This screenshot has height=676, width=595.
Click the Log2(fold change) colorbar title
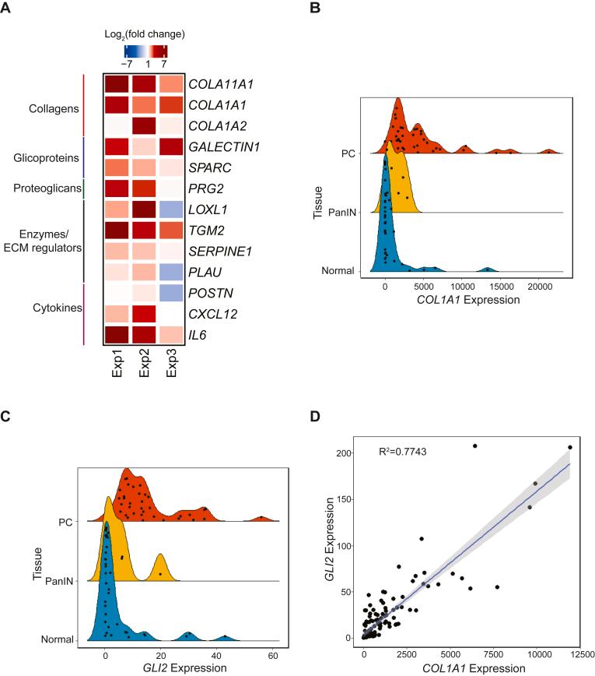pyautogui.click(x=145, y=34)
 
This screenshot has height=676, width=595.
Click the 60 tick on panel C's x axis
pyautogui.click(x=272, y=656)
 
